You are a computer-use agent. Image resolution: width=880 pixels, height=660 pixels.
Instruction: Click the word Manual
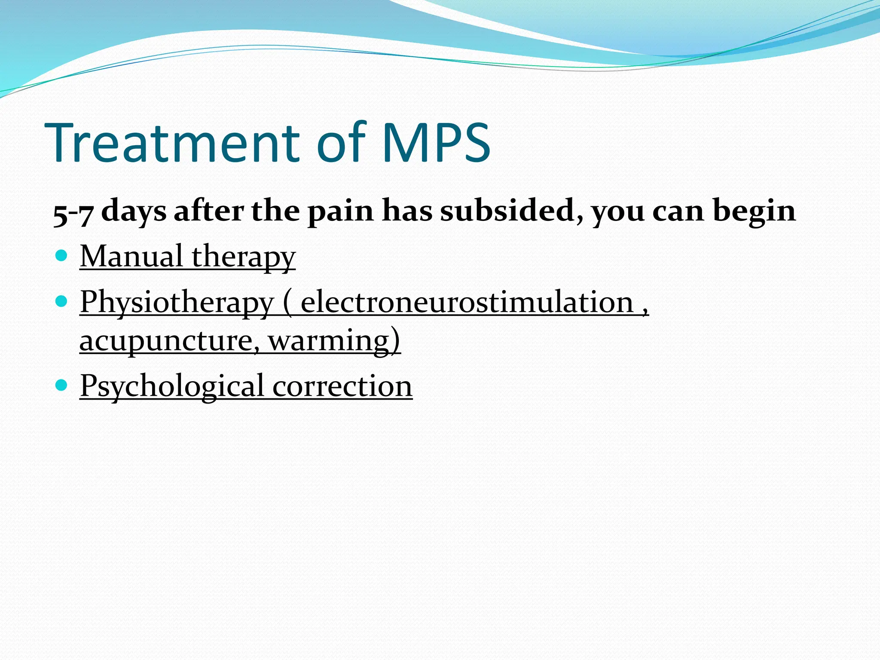click(x=131, y=257)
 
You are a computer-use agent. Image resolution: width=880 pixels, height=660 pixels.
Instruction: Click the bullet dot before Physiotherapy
click(x=62, y=302)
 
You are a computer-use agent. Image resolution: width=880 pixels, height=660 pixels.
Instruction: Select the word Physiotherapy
click(x=177, y=303)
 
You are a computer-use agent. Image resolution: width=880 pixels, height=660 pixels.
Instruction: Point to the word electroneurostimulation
click(x=467, y=302)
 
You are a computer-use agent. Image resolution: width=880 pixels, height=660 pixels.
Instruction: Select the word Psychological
click(x=171, y=386)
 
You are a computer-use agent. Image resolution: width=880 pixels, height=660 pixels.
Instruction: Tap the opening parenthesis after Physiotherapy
click(x=287, y=303)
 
